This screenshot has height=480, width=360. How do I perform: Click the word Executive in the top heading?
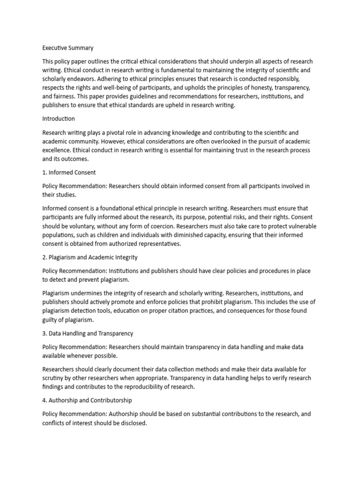55,48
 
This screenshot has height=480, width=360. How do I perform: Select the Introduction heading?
59,119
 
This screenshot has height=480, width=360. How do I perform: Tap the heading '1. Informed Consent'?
69,172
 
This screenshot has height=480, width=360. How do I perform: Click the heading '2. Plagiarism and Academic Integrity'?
90,257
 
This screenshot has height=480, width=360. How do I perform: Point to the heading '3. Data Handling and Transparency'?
88,333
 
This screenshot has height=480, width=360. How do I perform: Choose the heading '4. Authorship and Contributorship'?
87,400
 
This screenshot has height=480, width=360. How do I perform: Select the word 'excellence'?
57,150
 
